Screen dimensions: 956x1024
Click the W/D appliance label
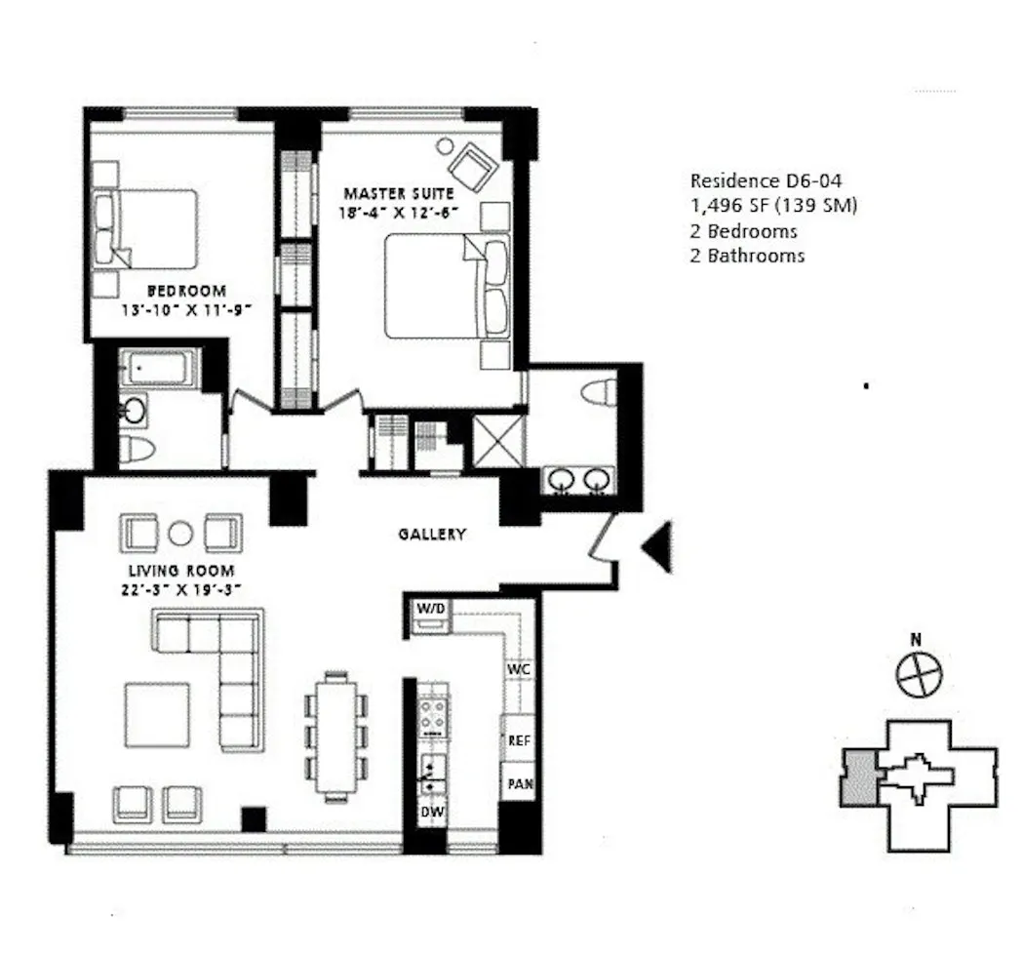click(x=430, y=609)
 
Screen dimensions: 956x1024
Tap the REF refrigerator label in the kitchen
click(x=519, y=740)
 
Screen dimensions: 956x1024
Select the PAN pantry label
click(x=519, y=782)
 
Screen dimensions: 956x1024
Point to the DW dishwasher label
click(x=430, y=812)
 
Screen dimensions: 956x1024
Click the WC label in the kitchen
click(x=518, y=670)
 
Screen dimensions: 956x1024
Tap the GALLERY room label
click(x=432, y=535)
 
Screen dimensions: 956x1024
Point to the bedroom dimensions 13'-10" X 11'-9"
click(x=185, y=308)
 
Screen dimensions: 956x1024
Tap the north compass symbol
click(x=920, y=675)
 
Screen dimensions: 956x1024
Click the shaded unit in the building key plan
click(x=858, y=778)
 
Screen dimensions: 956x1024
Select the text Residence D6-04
click(x=766, y=180)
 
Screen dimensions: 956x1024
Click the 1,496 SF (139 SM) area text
click(x=773, y=206)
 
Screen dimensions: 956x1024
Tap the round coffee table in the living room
click(x=180, y=534)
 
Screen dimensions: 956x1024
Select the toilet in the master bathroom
click(x=598, y=393)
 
